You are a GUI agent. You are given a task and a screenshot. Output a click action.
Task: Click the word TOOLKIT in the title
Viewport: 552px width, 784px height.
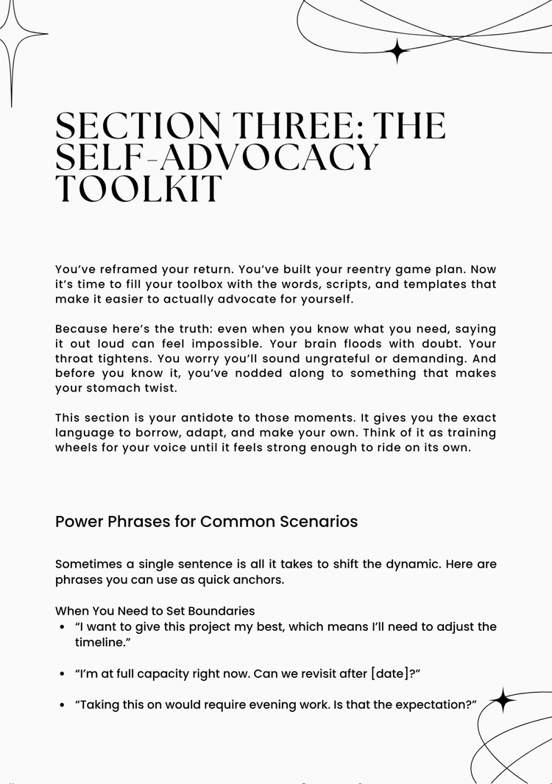138,189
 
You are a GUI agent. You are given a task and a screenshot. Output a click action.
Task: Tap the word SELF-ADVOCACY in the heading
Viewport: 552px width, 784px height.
217,157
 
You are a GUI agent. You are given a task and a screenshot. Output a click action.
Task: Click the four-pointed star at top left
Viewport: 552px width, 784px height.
11,35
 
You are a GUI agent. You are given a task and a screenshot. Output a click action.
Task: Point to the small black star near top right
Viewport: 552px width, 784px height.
398,50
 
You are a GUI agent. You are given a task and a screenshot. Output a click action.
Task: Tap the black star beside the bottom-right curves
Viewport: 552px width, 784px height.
503,700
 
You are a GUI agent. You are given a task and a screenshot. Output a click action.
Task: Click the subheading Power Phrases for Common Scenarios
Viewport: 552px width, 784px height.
206,521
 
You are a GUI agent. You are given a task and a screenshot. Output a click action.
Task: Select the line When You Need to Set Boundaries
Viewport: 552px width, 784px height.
155,611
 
